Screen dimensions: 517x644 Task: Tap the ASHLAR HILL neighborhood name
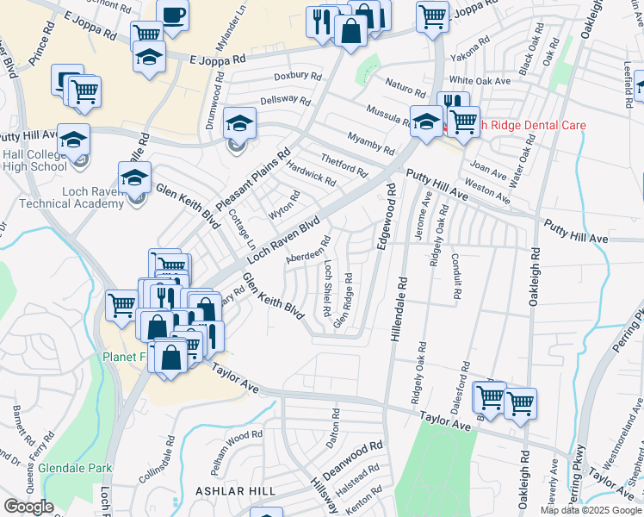pyautogui.click(x=235, y=490)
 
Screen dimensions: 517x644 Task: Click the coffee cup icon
pyautogui.click(x=173, y=16)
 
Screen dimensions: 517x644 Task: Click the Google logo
pyautogui.click(x=28, y=507)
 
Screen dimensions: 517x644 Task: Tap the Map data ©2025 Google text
pyautogui.click(x=591, y=510)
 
